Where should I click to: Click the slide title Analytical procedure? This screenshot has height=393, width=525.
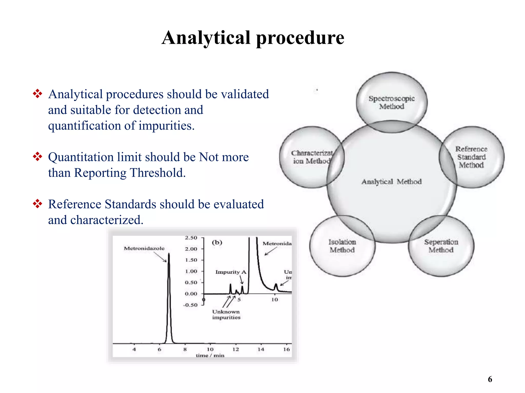click(x=253, y=38)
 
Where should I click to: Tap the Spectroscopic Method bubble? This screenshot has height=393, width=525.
click(x=391, y=102)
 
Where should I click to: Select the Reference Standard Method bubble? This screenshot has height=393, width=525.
click(x=471, y=157)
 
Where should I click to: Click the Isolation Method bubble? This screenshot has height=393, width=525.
click(x=342, y=246)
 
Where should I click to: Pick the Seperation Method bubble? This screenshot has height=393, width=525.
click(x=441, y=246)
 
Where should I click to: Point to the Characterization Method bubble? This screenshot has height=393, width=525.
click(x=311, y=157)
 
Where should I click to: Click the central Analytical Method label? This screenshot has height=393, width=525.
click(x=391, y=182)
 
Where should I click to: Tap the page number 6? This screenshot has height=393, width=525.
click(x=490, y=379)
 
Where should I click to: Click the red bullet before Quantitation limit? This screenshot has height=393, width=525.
click(x=37, y=157)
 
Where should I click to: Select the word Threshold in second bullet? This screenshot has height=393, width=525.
click(x=157, y=173)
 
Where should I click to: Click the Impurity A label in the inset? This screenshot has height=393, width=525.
click(x=231, y=272)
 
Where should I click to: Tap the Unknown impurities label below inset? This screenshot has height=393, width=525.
click(x=226, y=314)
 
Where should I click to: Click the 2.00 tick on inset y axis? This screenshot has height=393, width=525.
click(x=191, y=249)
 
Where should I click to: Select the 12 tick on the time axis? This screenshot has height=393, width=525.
click(x=235, y=349)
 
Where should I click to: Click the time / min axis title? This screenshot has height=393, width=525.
click(x=210, y=355)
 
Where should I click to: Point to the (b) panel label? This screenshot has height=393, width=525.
click(x=217, y=242)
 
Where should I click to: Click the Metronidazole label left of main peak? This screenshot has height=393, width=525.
click(x=144, y=248)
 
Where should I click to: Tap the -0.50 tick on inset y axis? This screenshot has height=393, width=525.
click(x=190, y=305)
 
